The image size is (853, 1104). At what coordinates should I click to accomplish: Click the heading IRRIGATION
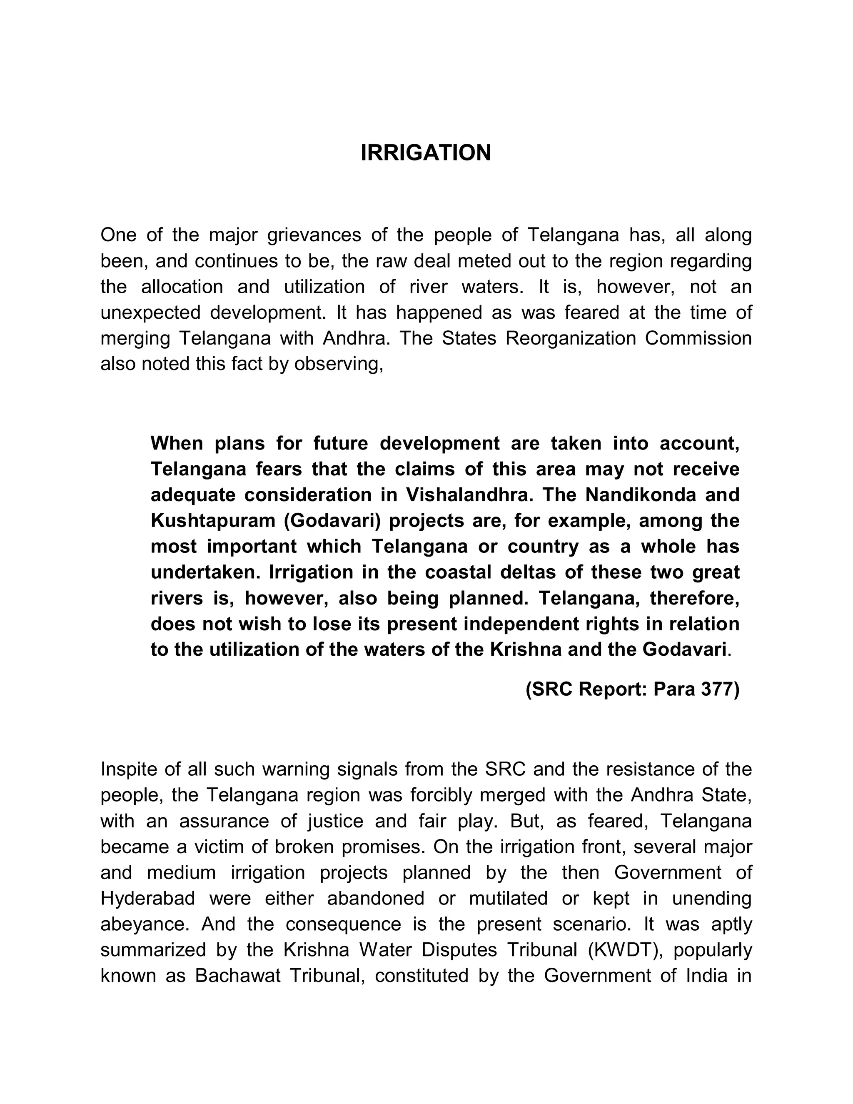pyautogui.click(x=426, y=152)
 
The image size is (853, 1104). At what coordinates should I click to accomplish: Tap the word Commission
pyautogui.click(x=698, y=338)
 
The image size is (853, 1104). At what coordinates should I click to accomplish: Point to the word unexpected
pyautogui.click(x=151, y=312)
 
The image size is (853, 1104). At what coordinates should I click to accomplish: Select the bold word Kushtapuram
pyautogui.click(x=213, y=521)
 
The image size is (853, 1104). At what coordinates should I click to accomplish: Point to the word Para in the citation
pyautogui.click(x=674, y=689)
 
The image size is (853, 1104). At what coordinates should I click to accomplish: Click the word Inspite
pyautogui.click(x=128, y=769)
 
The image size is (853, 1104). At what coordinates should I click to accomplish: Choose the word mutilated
pyautogui.click(x=509, y=898)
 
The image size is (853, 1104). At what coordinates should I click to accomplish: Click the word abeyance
pyautogui.click(x=145, y=924)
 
